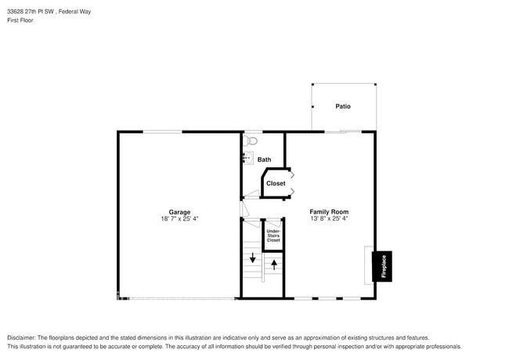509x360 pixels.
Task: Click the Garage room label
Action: (x=179, y=212)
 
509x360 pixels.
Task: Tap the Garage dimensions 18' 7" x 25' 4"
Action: (x=179, y=219)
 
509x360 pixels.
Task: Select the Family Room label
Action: (x=329, y=212)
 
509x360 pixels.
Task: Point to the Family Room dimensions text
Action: (x=329, y=219)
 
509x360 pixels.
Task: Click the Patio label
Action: (x=343, y=106)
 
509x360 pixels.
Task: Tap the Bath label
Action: (x=265, y=160)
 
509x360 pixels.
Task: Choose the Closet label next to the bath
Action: (x=276, y=183)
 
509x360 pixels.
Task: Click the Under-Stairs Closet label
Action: (x=273, y=236)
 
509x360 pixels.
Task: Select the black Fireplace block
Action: (x=383, y=266)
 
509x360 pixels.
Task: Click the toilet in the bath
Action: (x=251, y=141)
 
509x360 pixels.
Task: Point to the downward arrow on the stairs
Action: (x=252, y=259)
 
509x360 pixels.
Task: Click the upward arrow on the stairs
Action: (x=274, y=265)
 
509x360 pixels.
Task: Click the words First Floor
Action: (x=20, y=20)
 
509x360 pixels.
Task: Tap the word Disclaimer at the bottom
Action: (x=22, y=337)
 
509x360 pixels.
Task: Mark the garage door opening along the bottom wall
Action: (x=179, y=298)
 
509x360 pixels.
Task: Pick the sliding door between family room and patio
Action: (x=343, y=131)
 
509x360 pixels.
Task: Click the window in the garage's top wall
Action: (x=163, y=131)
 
